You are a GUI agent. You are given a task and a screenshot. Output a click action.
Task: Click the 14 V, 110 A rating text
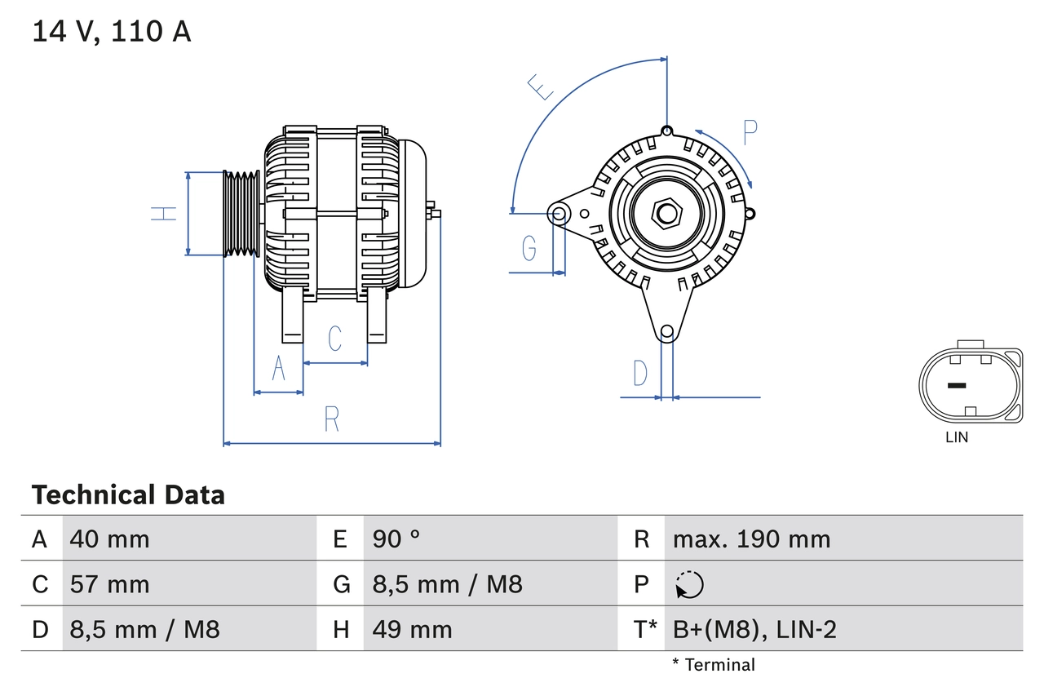[x=112, y=32]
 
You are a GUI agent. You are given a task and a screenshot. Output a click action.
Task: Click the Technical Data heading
[x=128, y=495]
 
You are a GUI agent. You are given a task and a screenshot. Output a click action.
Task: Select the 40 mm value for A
[x=109, y=539]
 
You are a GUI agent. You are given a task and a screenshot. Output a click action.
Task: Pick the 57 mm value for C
[x=109, y=584]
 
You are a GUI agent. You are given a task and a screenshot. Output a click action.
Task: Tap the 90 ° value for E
[x=396, y=539]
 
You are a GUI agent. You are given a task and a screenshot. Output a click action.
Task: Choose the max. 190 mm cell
[x=751, y=539]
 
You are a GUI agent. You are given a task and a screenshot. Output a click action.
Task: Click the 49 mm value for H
[x=412, y=630]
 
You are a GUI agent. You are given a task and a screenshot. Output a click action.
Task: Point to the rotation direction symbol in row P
[x=689, y=584]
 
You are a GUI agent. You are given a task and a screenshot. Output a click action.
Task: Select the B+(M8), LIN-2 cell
[x=754, y=630]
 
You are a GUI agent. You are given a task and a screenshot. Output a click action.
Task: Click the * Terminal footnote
[x=714, y=665]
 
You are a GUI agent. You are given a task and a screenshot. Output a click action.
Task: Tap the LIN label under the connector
[x=957, y=437]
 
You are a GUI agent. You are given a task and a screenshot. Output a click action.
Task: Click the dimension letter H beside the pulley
[x=164, y=214]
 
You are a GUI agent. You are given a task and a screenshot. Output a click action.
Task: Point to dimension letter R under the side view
[x=331, y=419]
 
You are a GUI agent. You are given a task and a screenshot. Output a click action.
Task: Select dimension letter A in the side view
[x=278, y=369]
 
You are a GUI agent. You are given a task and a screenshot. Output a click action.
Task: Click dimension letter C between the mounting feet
[x=334, y=338]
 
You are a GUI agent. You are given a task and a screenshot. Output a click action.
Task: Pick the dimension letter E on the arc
[x=541, y=86]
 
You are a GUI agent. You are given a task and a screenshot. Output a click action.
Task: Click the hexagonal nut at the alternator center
[x=667, y=214]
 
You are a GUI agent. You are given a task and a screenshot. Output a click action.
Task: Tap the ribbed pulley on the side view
[x=241, y=214]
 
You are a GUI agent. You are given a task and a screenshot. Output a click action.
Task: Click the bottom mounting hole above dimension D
[x=667, y=331]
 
